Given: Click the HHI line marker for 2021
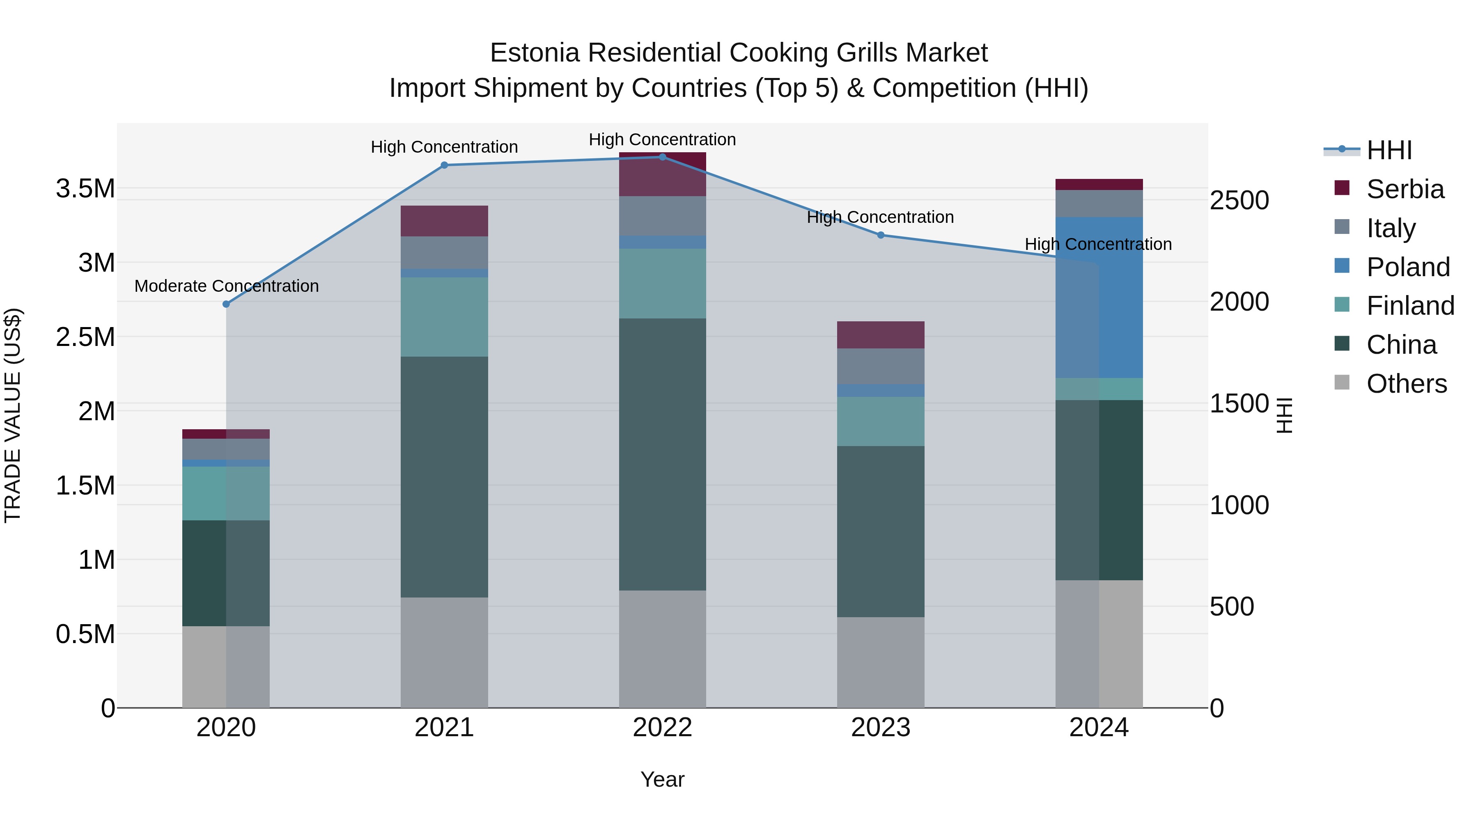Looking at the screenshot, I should point(444,165).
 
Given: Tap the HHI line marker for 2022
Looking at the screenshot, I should point(662,157).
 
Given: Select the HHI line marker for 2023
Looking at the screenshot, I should point(881,235).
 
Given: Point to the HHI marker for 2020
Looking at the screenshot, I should point(226,304).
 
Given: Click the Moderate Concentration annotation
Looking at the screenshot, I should point(227,286).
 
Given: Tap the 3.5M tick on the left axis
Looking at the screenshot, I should point(85,189).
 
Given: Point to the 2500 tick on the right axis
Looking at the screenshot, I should point(1239,201).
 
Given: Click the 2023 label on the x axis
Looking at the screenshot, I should point(881,728).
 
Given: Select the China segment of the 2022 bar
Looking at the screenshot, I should point(662,454).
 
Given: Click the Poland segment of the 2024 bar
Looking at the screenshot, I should point(1099,298).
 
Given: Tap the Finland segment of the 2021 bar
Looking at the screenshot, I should point(444,317).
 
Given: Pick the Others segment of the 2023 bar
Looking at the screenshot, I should point(881,662).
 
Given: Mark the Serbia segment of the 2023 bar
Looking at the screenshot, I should point(881,335).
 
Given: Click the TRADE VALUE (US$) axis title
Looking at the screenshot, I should point(13,416).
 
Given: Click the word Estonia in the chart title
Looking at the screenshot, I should point(535,53).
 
